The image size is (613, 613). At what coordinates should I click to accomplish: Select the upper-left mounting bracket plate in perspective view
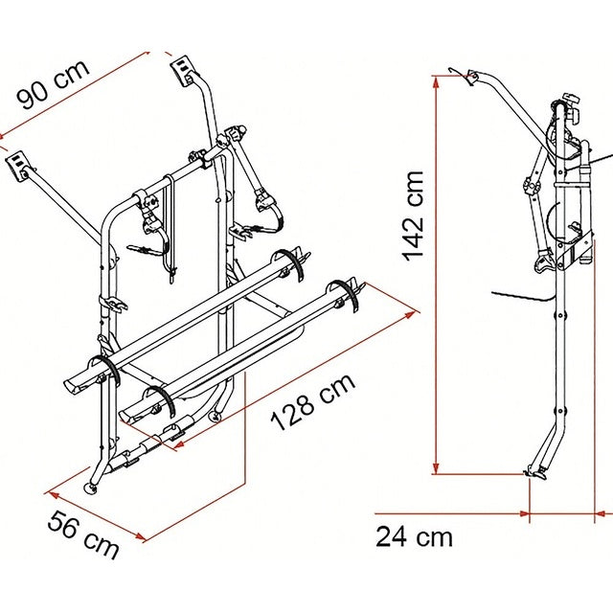click(18, 167)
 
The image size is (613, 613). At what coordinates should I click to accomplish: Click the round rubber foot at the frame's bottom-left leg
click(93, 489)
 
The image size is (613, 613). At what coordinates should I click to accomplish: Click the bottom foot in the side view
click(537, 471)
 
